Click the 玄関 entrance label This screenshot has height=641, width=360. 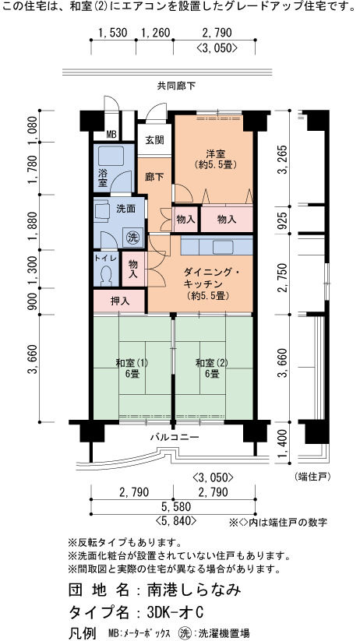[x=154, y=140]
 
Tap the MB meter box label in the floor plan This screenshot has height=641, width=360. [x=111, y=134]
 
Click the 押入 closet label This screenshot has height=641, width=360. [x=120, y=301]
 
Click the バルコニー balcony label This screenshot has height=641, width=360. [x=175, y=438]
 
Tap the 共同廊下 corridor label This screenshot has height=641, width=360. [x=176, y=86]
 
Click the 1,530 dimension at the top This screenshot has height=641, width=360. [x=113, y=32]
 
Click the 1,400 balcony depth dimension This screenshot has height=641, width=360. [x=282, y=448]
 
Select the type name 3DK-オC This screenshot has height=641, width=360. [x=175, y=612]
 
